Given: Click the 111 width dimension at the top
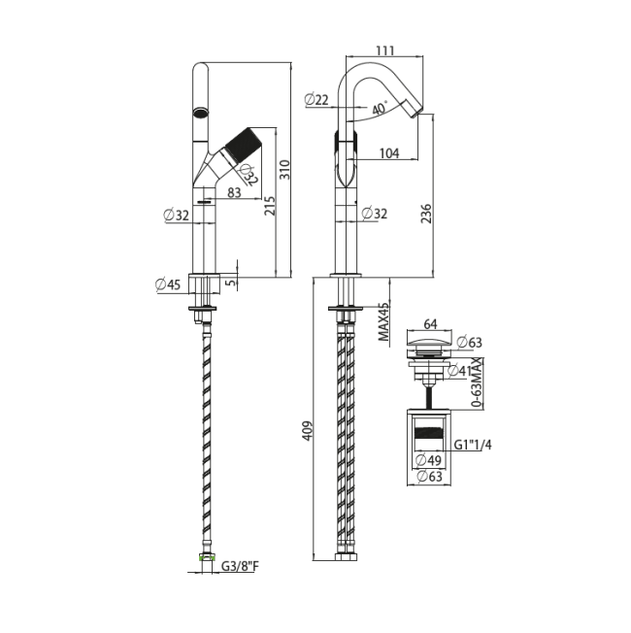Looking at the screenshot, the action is pyautogui.click(x=385, y=50).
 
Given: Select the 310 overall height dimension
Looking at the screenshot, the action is pyautogui.click(x=285, y=170).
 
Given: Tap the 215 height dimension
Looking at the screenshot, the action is pyautogui.click(x=270, y=206).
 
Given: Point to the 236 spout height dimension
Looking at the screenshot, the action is pyautogui.click(x=426, y=214).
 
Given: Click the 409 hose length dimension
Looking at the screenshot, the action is pyautogui.click(x=308, y=431).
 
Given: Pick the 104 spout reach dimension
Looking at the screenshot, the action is pyautogui.click(x=389, y=153).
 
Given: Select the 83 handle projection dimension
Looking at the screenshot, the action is pyautogui.click(x=234, y=192).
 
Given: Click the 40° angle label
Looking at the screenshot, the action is pyautogui.click(x=380, y=108).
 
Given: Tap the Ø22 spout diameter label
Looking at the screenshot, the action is pyautogui.click(x=316, y=99).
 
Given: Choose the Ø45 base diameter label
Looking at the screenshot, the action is pyautogui.click(x=168, y=284).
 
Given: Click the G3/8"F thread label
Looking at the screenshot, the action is pyautogui.click(x=240, y=566).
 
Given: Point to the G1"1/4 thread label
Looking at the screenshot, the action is pyautogui.click(x=473, y=445).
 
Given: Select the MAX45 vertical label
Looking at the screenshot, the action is pyautogui.click(x=383, y=321).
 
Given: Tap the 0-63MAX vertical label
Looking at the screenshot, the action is pyautogui.click(x=478, y=382).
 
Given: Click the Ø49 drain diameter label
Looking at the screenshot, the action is pyautogui.click(x=429, y=460).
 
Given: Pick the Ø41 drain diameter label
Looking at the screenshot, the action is pyautogui.click(x=460, y=370).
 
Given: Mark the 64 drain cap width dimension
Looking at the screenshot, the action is pyautogui.click(x=430, y=323).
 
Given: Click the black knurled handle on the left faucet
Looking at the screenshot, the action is pyautogui.click(x=243, y=145).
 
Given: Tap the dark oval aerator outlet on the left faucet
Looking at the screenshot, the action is pyautogui.click(x=201, y=112).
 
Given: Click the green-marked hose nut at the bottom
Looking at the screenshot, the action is pyautogui.click(x=207, y=557).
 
